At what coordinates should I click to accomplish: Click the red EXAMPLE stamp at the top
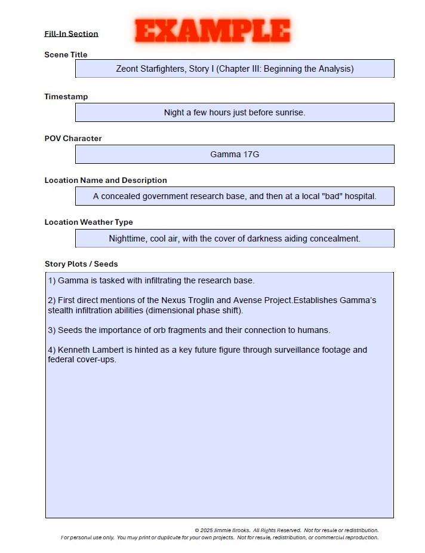pyautogui.click(x=213, y=30)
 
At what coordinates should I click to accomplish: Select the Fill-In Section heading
pyautogui.click(x=71, y=34)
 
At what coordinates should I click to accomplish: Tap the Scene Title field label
pyautogui.click(x=66, y=55)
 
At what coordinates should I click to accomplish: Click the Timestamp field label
pyautogui.click(x=66, y=97)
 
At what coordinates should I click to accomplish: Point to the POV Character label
pyautogui.click(x=73, y=139)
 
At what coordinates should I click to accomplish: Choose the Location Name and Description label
pyautogui.click(x=106, y=181)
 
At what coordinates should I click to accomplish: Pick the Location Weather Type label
pyautogui.click(x=88, y=222)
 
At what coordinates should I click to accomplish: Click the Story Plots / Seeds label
pyautogui.click(x=81, y=264)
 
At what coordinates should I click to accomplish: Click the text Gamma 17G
pyautogui.click(x=235, y=154)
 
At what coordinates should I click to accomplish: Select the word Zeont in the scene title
pyautogui.click(x=128, y=69)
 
